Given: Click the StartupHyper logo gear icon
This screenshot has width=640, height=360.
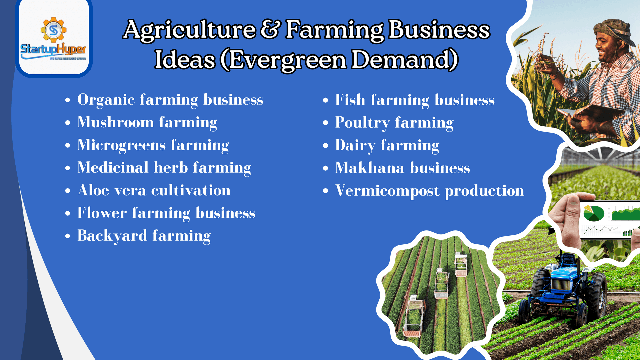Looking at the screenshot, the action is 53,30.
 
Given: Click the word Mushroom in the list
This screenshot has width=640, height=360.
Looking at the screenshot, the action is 115,122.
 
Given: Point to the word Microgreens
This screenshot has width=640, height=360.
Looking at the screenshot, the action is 121,145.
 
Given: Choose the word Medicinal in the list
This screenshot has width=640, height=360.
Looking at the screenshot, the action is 113,167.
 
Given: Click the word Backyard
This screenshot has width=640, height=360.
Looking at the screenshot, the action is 112,236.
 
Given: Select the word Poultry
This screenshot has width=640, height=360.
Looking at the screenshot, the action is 362,123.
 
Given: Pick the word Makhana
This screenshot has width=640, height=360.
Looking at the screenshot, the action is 370,167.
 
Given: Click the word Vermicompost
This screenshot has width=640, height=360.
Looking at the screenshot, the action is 387,191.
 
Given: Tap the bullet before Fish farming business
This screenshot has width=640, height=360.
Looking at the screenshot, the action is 326,100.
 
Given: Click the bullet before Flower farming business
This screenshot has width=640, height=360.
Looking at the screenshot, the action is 68,213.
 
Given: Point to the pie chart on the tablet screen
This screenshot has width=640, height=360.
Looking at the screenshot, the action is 594,213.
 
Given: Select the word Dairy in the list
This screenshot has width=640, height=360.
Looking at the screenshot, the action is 355,146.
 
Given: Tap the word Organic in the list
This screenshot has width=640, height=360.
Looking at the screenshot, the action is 106,100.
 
